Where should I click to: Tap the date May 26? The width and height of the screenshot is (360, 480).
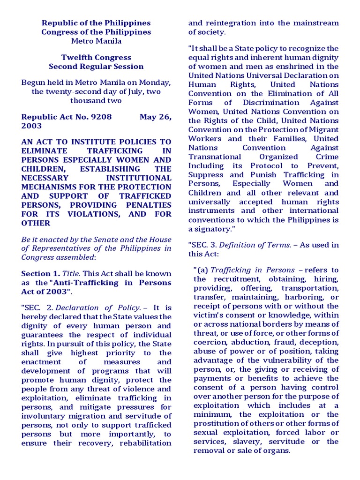[x=155, y=117]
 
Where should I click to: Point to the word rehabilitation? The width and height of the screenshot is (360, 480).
[x=146, y=443]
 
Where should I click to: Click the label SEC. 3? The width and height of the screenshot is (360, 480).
[x=202, y=245]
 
